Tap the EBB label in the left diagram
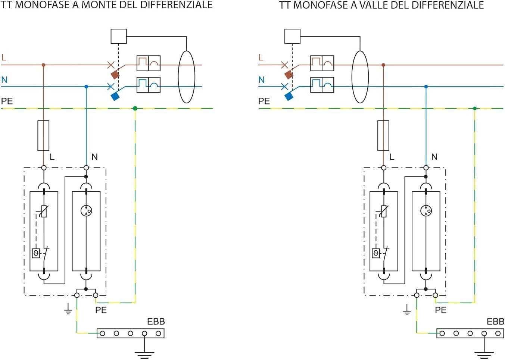[x=156, y=321]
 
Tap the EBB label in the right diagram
[x=495, y=321]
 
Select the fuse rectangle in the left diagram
[x=44, y=135]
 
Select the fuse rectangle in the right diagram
[x=383, y=135]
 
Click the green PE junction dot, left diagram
[x=135, y=109]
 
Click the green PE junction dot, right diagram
[x=475, y=109]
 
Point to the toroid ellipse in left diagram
[x=187, y=77]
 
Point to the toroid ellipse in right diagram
[x=360, y=77]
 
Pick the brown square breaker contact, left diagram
[x=115, y=75]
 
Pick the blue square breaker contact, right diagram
[x=289, y=96]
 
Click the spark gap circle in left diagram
[x=86, y=211]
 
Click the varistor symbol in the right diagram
[x=383, y=212]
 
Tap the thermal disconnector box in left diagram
[x=36, y=253]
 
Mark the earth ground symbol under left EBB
[x=144, y=354]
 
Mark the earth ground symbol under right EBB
[x=484, y=354]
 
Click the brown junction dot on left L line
[x=44, y=65]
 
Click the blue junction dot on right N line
[x=426, y=87]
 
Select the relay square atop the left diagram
[x=119, y=36]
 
